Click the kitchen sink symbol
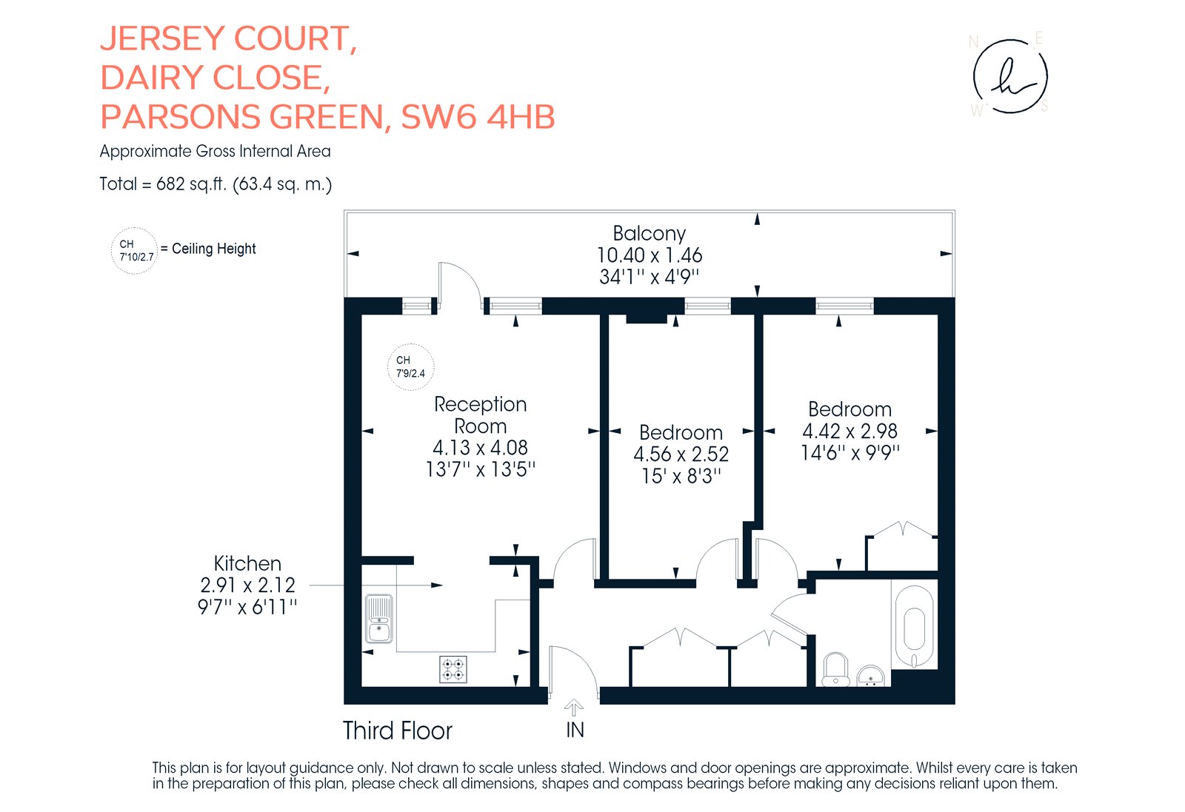[378, 619]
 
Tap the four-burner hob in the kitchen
[453, 669]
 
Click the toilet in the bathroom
[835, 670]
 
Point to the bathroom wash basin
[870, 676]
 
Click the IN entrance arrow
[574, 708]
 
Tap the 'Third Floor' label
[397, 731]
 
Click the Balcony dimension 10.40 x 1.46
[649, 255]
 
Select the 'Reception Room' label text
[481, 415]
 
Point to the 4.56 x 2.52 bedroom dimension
[681, 454]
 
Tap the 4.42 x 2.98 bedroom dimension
[849, 432]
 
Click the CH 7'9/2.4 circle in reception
[410, 367]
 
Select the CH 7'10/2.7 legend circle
[134, 251]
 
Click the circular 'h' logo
[1010, 76]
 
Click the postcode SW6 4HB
[478, 117]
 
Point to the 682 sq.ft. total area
[192, 184]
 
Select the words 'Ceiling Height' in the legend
[214, 249]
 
